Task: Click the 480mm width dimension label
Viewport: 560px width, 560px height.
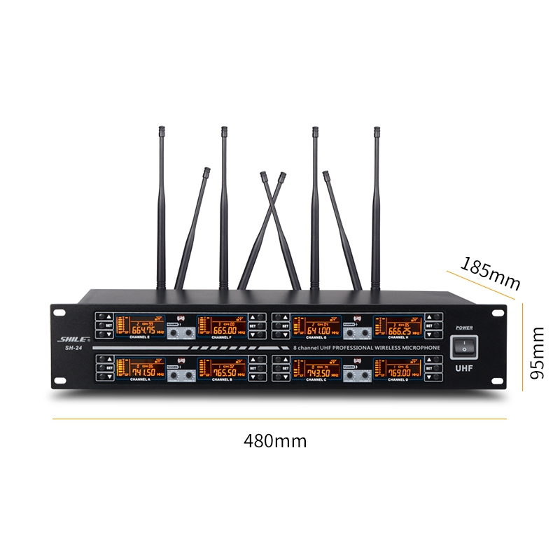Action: (x=275, y=442)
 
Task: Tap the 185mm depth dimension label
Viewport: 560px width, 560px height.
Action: (x=490, y=273)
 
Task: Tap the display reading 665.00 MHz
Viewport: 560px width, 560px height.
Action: (x=222, y=325)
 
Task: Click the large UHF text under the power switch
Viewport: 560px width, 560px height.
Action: (x=464, y=367)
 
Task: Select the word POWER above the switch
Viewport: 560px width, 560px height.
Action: (x=463, y=328)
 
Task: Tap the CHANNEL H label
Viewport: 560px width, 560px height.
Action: (x=398, y=338)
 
